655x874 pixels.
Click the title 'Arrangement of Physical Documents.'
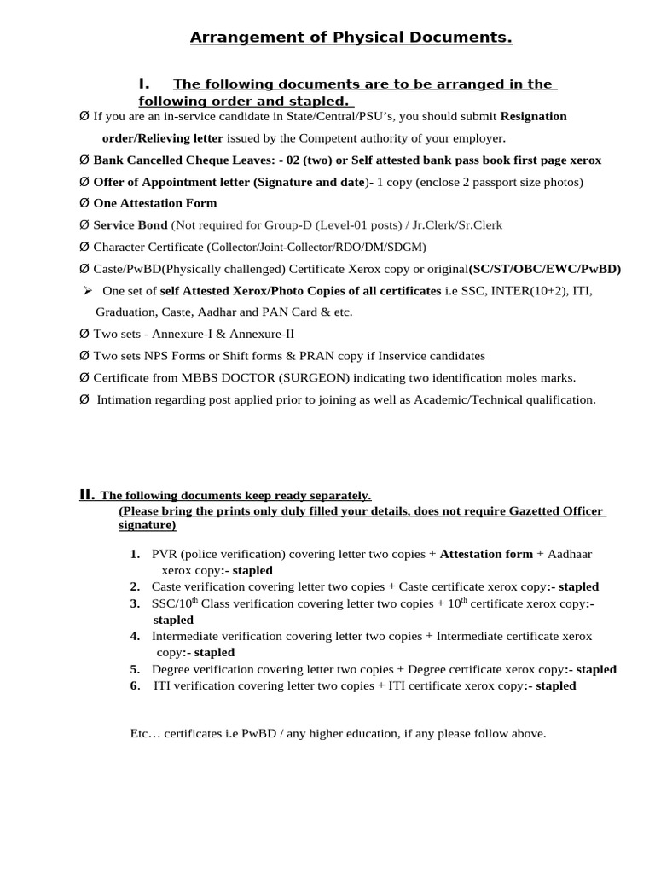[351, 38]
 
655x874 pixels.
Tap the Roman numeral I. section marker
[143, 84]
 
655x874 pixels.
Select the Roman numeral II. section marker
[86, 494]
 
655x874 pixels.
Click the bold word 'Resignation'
[533, 116]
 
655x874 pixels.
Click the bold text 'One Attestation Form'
[155, 203]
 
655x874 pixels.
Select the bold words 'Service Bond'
[130, 225]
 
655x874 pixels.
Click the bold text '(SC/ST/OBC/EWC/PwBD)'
[545, 269]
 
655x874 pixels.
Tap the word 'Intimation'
[125, 399]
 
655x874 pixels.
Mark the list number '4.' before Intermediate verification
[136, 636]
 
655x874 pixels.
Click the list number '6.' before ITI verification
[136, 685]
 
